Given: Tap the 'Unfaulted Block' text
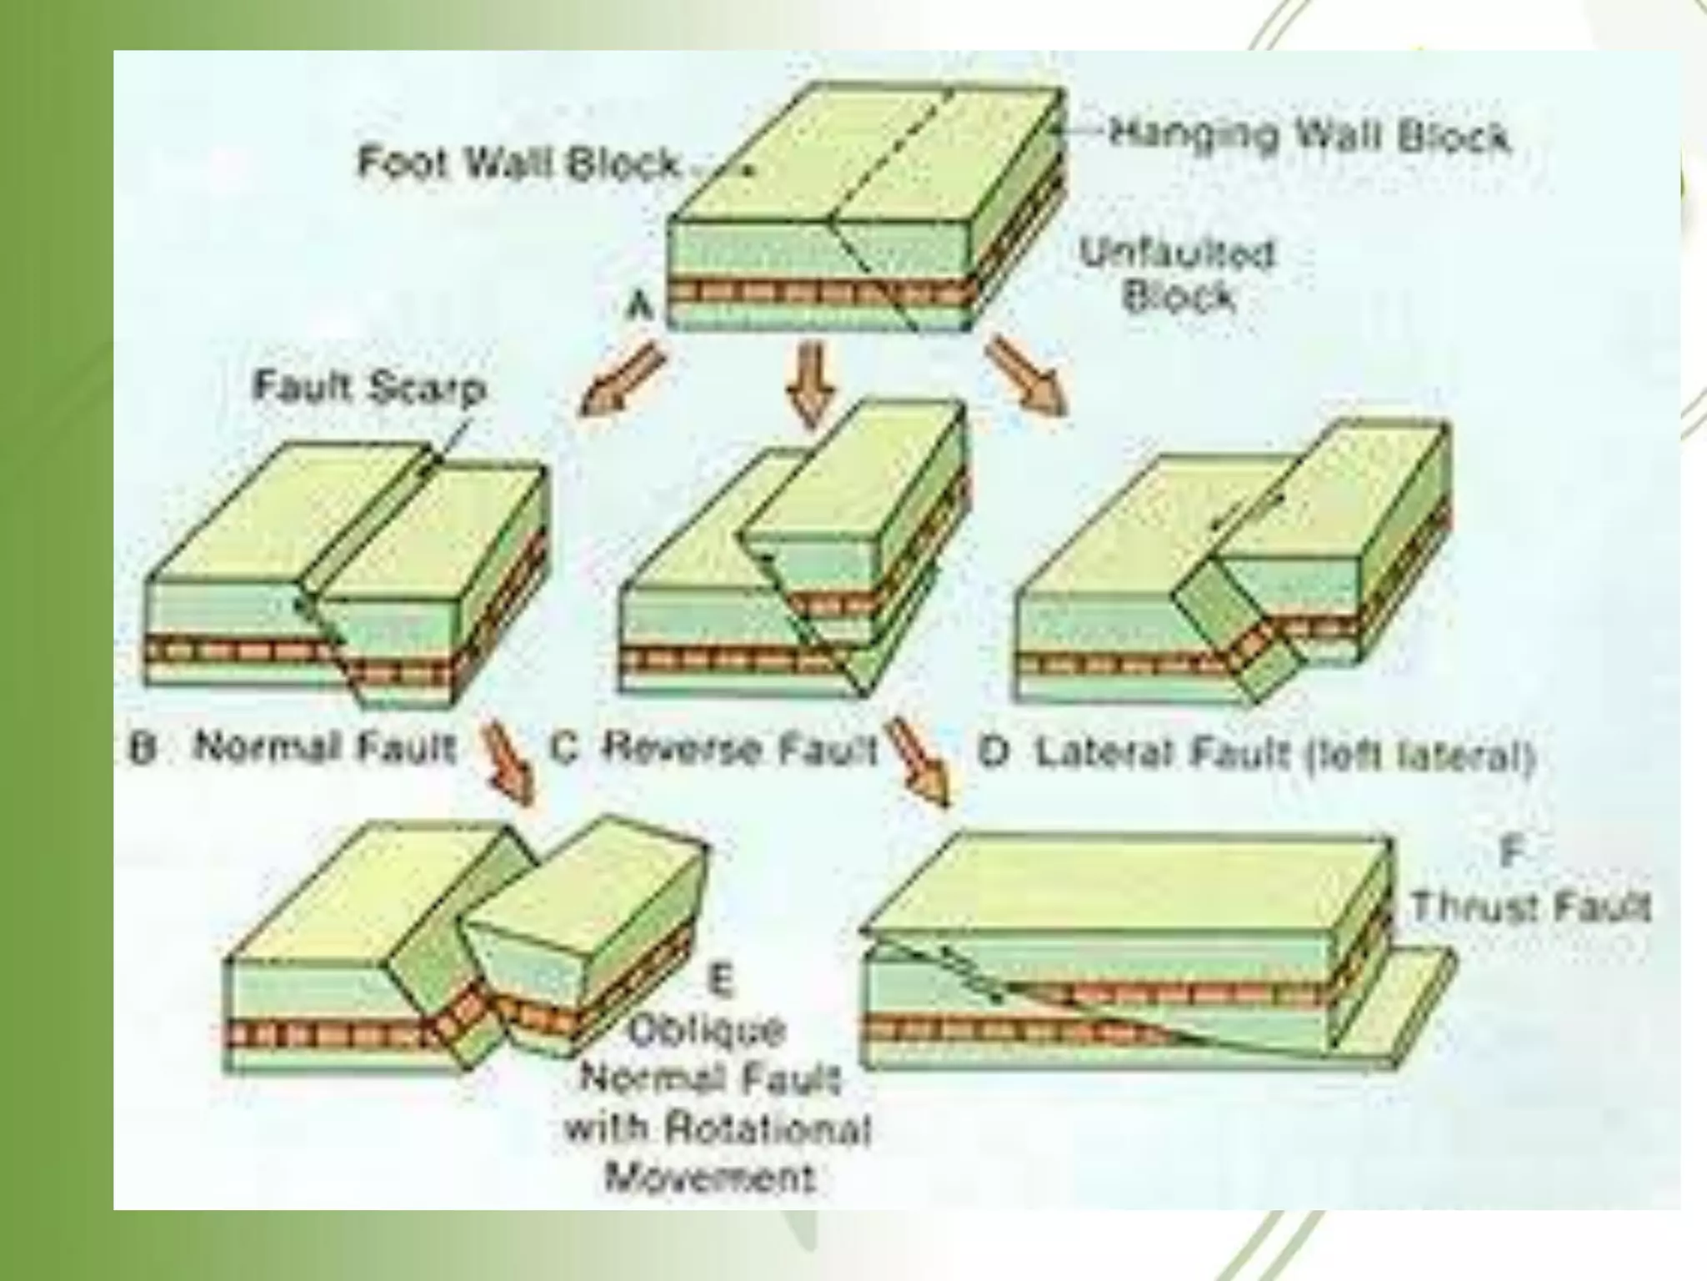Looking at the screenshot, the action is [1178, 275].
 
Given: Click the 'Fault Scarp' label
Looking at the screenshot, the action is [368, 388].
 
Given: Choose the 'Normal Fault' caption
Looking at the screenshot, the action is [325, 747].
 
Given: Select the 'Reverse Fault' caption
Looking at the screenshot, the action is [738, 748].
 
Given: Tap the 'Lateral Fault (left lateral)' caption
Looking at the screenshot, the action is [1284, 755].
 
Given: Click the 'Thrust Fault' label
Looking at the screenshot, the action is [1529, 906].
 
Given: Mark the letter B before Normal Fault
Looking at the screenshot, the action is [143, 748].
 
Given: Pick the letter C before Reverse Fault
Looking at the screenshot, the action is [564, 748].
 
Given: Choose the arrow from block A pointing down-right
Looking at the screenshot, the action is [1026, 374].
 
